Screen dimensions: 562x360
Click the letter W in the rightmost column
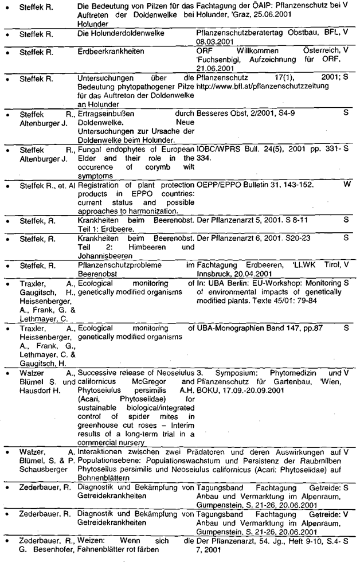point(346,186)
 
